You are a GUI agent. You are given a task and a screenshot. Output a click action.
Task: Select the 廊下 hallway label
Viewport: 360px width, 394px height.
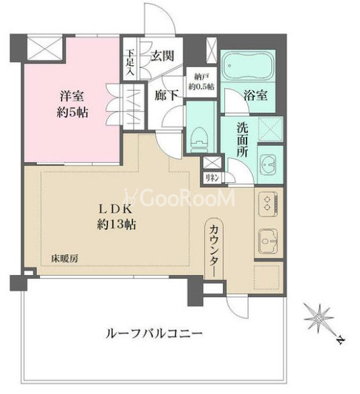click(167, 95)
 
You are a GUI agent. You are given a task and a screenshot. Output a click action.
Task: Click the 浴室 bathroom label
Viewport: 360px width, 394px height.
click(256, 95)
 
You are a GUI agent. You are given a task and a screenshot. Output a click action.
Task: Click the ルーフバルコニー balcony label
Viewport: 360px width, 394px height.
click(153, 333)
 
